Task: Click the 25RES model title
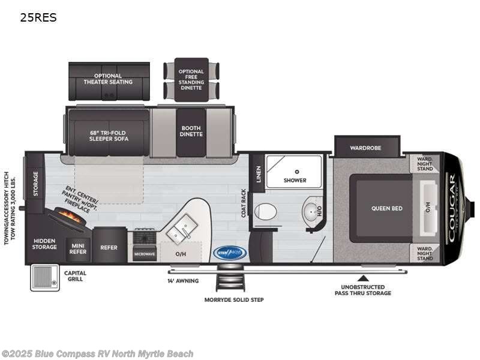[x=38, y=17]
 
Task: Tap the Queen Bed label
[x=387, y=208]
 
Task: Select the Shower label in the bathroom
[x=295, y=180]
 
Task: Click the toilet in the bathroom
[x=265, y=211]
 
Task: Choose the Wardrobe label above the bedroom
[x=367, y=146]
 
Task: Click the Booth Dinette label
[x=191, y=130]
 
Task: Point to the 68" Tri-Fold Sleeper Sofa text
[x=109, y=135]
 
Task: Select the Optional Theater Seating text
[x=109, y=79]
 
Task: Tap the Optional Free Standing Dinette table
[x=191, y=80]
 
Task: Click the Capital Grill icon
[x=44, y=277]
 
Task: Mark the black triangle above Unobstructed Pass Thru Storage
[x=362, y=278]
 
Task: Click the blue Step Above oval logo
[x=230, y=253]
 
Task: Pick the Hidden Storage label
[x=44, y=243]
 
